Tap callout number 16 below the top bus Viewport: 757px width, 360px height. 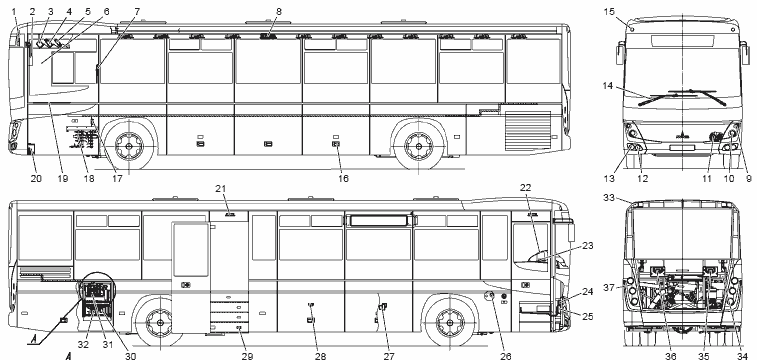(343, 179)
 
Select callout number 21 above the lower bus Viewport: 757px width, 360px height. (221, 188)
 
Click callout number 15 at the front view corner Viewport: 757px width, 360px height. (609, 11)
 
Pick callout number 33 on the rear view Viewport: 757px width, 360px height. (609, 197)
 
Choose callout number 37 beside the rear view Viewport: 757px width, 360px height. (609, 288)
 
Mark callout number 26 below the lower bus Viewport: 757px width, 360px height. (505, 356)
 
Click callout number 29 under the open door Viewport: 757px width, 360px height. (247, 356)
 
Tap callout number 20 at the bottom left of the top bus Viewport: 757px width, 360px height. (36, 179)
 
